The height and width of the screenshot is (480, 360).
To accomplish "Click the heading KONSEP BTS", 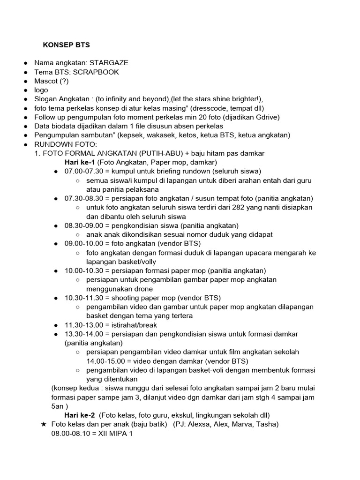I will (66, 45).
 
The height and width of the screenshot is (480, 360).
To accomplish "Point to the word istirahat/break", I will (134, 325).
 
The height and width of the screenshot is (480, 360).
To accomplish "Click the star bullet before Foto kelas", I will (43, 424).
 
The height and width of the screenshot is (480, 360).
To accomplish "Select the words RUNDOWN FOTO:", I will (66, 144).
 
